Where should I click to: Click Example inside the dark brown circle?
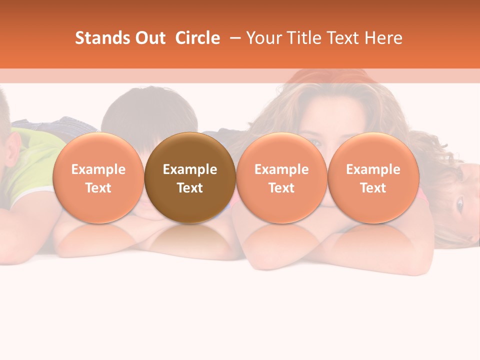tap(190, 169)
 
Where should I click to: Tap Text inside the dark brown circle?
tap(190, 188)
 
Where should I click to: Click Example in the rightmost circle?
tap(373, 169)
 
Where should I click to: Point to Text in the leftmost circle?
tap(98, 188)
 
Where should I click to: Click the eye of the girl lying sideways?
tap(459, 203)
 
